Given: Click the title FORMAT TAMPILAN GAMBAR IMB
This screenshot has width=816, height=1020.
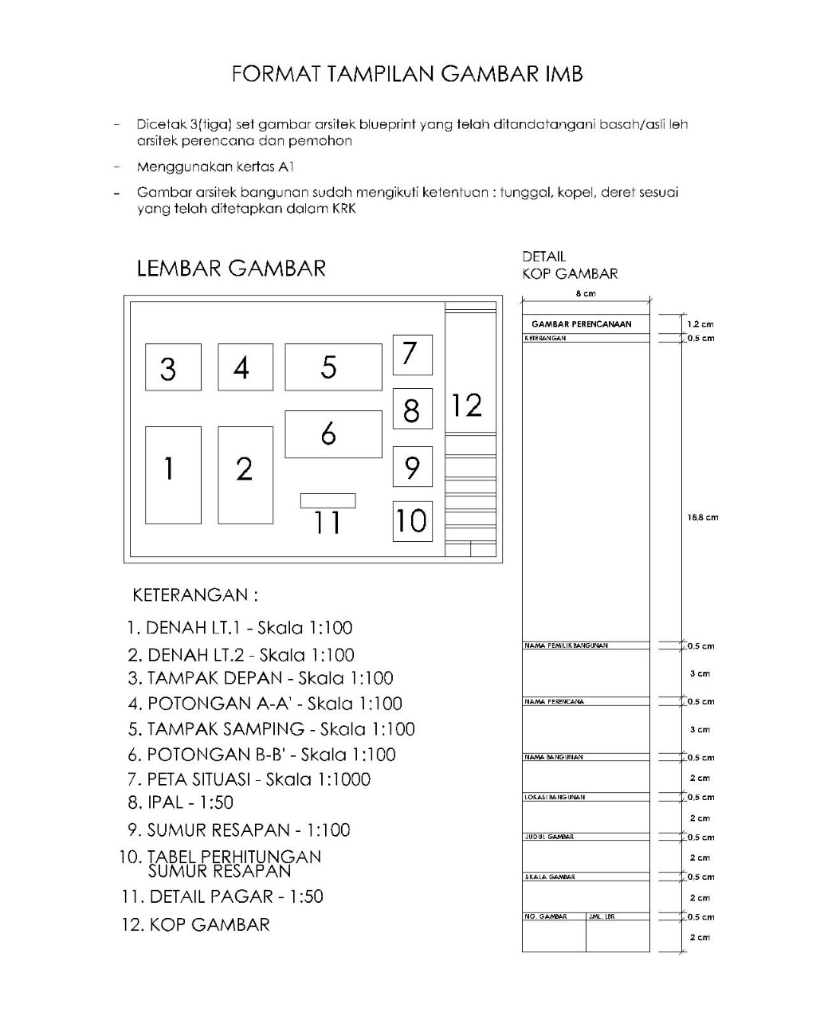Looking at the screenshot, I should click(x=407, y=74).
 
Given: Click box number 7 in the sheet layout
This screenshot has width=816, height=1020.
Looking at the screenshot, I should click(x=412, y=355).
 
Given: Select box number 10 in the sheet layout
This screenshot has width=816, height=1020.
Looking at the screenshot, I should click(x=412, y=521).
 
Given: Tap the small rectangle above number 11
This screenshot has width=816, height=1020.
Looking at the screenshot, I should click(x=328, y=500).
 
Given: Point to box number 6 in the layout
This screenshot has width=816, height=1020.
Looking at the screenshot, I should click(x=333, y=434).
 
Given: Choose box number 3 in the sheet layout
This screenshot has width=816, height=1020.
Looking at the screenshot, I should click(x=173, y=367).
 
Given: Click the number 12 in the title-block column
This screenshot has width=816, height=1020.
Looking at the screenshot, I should click(x=467, y=406).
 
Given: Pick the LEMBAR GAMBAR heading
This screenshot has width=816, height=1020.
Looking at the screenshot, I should click(x=231, y=268).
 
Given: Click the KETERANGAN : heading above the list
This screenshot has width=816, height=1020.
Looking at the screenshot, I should click(x=195, y=595).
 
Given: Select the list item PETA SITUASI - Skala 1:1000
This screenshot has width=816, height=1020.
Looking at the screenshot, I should click(x=249, y=779).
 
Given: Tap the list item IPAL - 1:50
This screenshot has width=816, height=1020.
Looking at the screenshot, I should click(x=180, y=803).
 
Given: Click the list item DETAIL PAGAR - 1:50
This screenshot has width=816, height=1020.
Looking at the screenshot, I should click(x=222, y=896).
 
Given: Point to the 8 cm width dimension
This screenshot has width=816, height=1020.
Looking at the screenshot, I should click(x=586, y=293).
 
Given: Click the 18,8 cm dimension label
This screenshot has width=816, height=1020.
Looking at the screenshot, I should click(x=703, y=517).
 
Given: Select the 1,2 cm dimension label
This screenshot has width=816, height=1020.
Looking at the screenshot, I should click(x=700, y=324).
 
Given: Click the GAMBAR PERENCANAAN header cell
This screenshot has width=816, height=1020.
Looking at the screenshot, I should click(x=582, y=324).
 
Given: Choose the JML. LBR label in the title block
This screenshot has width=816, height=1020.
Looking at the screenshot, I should click(x=602, y=917).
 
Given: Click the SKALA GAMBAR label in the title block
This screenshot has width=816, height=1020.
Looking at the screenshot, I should click(x=550, y=877).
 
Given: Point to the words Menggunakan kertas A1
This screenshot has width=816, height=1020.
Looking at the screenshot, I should click(x=215, y=167).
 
